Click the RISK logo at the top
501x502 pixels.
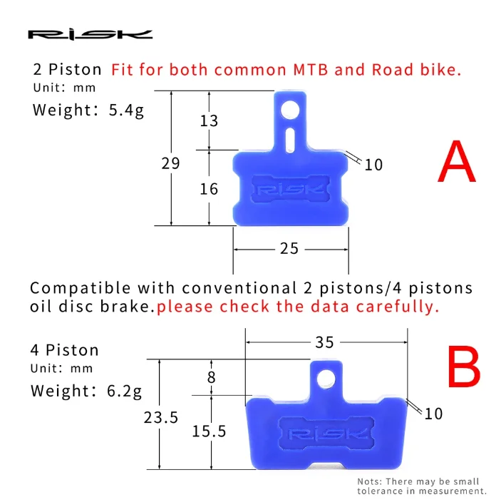[90, 34]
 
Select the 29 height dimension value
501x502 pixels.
[170, 163]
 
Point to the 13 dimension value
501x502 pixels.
[209, 121]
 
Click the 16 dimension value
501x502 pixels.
[209, 189]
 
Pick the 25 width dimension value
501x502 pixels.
[289, 248]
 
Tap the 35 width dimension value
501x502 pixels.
[324, 342]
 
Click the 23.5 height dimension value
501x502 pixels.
[160, 418]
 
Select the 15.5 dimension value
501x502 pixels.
[209, 431]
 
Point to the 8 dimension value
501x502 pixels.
[211, 378]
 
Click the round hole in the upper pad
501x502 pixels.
[289, 109]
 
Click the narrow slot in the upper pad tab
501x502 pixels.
[289, 138]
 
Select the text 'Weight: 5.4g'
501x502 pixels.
[88, 110]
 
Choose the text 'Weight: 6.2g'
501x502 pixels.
[86, 391]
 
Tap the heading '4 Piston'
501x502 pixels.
[64, 351]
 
